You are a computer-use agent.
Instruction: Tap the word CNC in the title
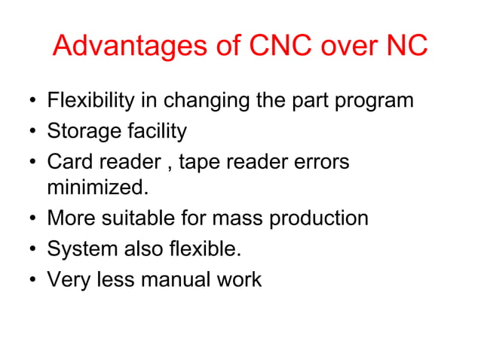point(275,47)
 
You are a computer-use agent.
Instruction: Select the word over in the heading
point(347,47)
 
